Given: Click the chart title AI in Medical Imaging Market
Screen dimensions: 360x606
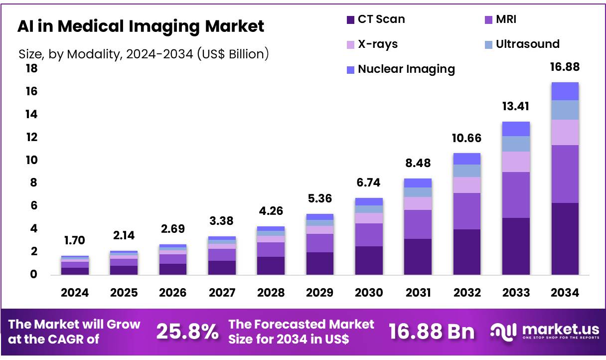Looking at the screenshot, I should [x=141, y=26].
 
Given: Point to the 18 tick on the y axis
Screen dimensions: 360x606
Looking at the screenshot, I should [x=31, y=68].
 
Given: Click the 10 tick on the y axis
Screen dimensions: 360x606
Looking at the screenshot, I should [x=31, y=160].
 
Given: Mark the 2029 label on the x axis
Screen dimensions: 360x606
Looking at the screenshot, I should [x=319, y=293].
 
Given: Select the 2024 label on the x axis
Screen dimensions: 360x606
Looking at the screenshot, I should [x=75, y=293].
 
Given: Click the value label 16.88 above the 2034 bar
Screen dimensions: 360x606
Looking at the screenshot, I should [x=565, y=67].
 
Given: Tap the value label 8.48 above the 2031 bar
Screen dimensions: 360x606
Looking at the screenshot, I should [x=418, y=163].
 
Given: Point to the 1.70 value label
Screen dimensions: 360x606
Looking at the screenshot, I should [x=75, y=240].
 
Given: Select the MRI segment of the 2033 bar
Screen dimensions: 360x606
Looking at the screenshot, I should [x=516, y=194].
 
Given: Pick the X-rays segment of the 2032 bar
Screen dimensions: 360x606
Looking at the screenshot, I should [x=466, y=184].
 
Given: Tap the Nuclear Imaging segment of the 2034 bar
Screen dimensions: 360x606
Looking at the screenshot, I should [x=565, y=91].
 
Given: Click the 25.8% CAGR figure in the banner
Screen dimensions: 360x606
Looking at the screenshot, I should [x=187, y=331].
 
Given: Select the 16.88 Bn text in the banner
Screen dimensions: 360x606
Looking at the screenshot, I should [x=432, y=331].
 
